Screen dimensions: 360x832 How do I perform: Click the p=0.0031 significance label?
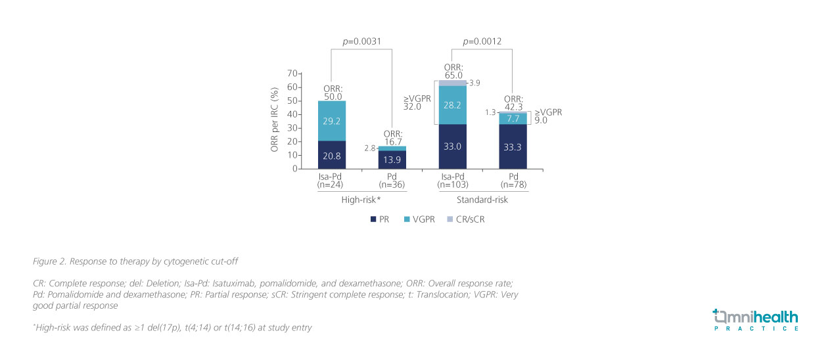tap(362, 41)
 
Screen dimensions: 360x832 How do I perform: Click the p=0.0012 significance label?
tap(482, 41)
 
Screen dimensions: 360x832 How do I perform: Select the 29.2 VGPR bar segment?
tap(333, 121)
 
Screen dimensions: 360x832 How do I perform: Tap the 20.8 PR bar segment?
tap(333, 155)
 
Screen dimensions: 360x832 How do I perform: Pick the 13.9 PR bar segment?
tap(392, 160)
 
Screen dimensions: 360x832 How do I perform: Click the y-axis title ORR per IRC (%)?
tap(275, 121)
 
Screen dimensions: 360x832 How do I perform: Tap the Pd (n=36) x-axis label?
tap(392, 181)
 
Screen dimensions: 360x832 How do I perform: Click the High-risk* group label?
tap(362, 200)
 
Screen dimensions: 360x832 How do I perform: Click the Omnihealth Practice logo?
tap(755, 319)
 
